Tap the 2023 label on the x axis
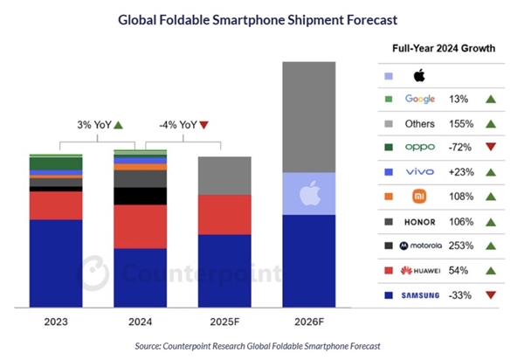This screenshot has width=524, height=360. [x=56, y=322]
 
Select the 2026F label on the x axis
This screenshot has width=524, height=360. [x=310, y=322]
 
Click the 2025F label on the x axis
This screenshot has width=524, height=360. [x=225, y=322]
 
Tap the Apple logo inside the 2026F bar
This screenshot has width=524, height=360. [x=310, y=192]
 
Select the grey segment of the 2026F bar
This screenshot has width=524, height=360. [x=310, y=117]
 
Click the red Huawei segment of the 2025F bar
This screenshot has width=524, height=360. [x=225, y=214]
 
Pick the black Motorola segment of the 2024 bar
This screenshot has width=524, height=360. [x=141, y=196]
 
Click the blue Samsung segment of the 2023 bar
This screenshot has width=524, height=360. [x=56, y=263]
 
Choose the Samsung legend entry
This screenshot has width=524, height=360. [x=420, y=295]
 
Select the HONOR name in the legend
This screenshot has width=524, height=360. [x=420, y=222]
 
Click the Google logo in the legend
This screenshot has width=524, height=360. [x=420, y=99]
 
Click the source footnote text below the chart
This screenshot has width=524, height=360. [x=258, y=347]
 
